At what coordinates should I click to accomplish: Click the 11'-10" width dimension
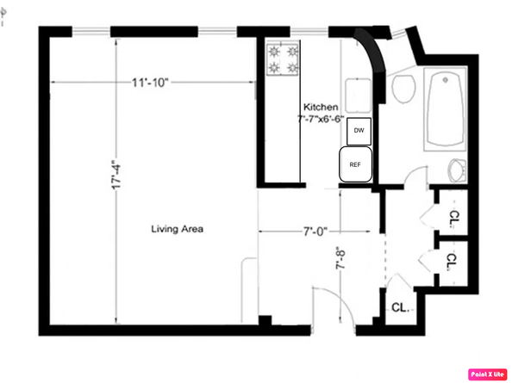click(150, 82)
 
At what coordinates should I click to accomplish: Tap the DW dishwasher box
click(359, 131)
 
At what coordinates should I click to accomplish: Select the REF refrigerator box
click(354, 164)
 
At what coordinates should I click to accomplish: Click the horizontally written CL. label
click(400, 307)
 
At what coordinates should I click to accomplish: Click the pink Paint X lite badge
click(487, 374)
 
